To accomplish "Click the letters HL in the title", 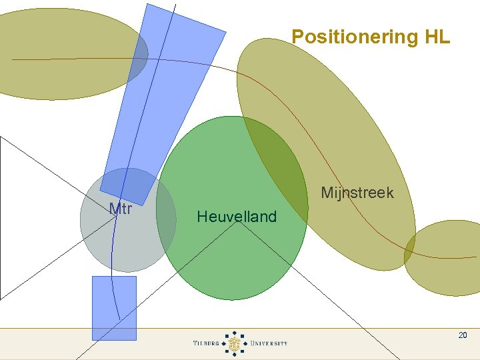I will coord(437,37).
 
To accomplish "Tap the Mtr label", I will coord(121,209).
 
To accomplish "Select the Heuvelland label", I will coord(237,217).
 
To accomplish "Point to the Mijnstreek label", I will coord(357,193).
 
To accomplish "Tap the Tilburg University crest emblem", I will coord(235,343).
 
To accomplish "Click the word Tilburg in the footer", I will coord(206,343).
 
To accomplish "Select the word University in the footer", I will coord(269,343).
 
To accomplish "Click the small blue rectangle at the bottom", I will coord(114,308).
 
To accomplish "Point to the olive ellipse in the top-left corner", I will coord(60,53).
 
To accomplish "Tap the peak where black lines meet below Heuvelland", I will coord(237,222).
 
